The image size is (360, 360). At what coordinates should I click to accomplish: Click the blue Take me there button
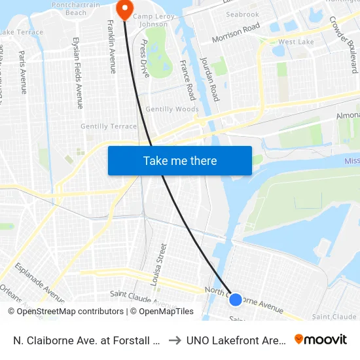(x=180, y=160)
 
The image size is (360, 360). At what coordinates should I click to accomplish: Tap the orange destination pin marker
(x=122, y=9)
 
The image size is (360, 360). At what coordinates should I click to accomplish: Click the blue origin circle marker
(x=236, y=299)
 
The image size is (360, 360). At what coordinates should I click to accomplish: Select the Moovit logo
(x=321, y=339)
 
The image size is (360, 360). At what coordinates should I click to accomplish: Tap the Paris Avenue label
(x=23, y=72)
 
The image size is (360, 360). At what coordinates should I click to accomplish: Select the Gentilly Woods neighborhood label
(x=171, y=109)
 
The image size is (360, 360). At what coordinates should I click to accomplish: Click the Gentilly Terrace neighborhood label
(x=109, y=126)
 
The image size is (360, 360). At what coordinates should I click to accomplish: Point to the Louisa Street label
(x=160, y=265)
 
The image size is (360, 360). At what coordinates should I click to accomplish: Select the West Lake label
(x=296, y=42)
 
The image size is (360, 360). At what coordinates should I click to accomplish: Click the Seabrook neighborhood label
(x=242, y=14)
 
